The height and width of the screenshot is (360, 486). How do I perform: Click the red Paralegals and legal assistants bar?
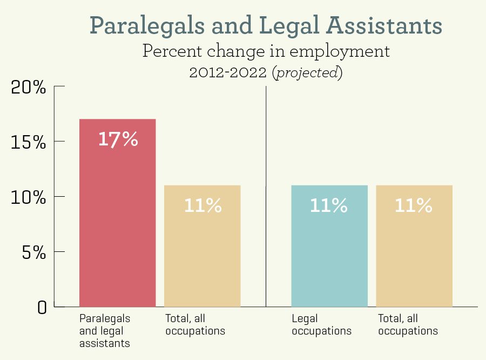[x=117, y=216]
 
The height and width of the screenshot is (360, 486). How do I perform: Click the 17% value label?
[x=118, y=139]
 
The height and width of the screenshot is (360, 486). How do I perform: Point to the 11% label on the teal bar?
[x=329, y=205]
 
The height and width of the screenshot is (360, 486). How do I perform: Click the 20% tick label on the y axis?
[x=29, y=87]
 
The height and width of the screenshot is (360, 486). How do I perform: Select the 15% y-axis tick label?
[x=29, y=142]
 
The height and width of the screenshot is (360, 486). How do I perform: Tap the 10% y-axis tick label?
[x=29, y=197]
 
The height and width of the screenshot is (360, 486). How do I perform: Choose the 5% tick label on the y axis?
[x=33, y=252]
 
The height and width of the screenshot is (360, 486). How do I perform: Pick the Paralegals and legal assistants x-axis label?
[x=105, y=331]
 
